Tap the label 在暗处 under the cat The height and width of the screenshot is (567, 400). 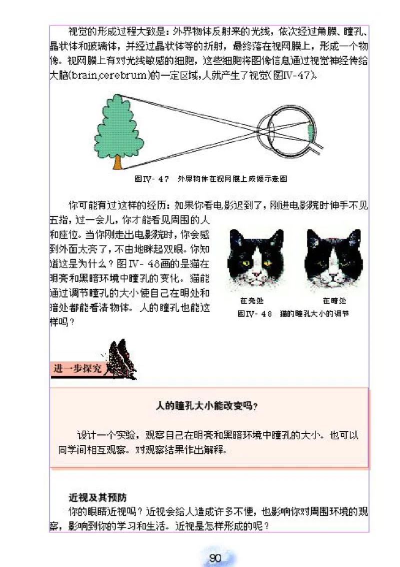(334, 301)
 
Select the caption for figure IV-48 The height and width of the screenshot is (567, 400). (292, 314)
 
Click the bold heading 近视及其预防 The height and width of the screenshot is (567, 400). (97, 498)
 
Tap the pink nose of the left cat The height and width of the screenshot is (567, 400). (256, 275)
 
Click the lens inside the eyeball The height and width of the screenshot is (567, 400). (271, 129)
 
